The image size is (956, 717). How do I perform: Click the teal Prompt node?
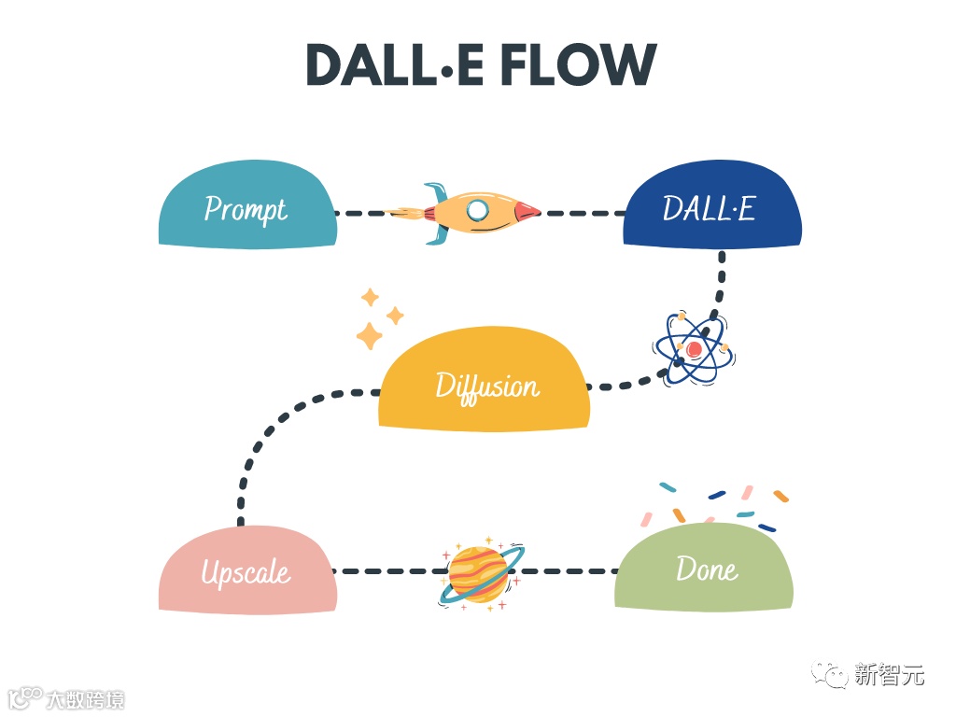246,207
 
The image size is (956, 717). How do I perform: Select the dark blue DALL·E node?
711,209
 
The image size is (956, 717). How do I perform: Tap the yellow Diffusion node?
485,383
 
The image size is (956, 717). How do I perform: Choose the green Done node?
704,568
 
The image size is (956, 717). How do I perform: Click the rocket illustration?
466,212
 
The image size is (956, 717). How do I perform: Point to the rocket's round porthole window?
478,210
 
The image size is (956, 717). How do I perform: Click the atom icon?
694,348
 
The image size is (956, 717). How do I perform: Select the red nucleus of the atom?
694,349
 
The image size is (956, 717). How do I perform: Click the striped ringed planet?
480,572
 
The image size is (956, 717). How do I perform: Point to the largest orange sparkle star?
370,335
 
